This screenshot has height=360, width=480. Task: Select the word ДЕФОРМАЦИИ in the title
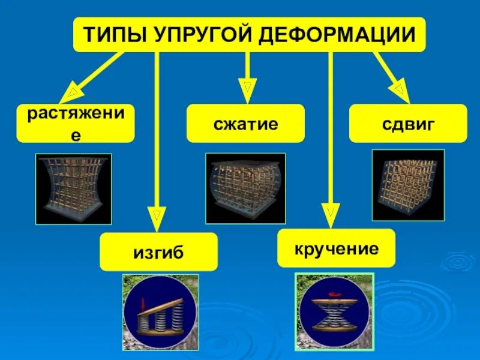point(337,35)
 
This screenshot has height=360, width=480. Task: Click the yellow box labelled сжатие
point(245,124)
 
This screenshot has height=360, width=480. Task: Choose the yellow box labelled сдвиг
point(408,124)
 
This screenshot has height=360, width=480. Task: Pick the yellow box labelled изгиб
point(158,253)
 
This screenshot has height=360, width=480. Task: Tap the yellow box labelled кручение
point(336,248)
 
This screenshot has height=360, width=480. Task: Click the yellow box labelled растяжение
point(76,124)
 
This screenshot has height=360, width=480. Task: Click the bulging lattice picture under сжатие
point(245,188)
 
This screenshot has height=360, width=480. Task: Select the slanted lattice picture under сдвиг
point(408,185)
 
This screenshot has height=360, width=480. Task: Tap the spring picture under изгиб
point(160,313)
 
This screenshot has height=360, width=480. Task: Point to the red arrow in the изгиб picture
point(143,304)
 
